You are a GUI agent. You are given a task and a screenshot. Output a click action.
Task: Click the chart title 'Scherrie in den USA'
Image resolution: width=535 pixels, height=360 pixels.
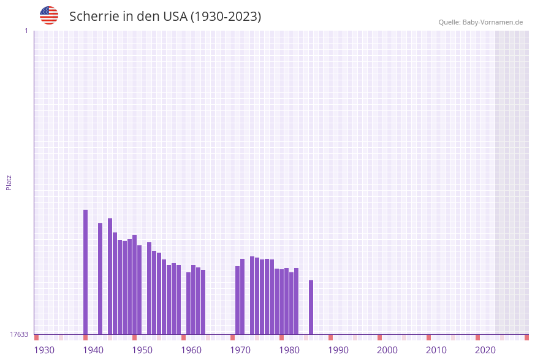pyautogui.click(x=165, y=17)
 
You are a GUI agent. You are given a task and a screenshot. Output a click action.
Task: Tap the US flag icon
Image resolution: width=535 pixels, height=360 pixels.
pyautogui.click(x=49, y=15)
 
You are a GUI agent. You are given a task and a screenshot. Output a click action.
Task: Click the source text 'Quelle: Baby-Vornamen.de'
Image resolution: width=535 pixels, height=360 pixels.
pyautogui.click(x=480, y=22)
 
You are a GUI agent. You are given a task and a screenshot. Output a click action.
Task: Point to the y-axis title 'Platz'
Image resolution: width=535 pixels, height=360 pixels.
pyautogui.click(x=9, y=182)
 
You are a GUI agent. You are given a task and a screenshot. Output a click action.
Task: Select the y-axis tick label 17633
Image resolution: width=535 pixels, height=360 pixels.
pyautogui.click(x=19, y=334)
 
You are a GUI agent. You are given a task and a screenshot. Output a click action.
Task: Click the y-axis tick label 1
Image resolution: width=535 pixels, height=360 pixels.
pyautogui.click(x=26, y=31)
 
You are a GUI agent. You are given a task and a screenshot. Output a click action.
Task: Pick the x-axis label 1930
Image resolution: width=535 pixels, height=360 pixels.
pyautogui.click(x=44, y=350)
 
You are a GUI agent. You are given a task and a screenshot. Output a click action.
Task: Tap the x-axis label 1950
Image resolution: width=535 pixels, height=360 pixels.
pyautogui.click(x=142, y=350)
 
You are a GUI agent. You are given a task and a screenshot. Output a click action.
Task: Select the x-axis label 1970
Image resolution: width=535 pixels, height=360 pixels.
pyautogui.click(x=240, y=350)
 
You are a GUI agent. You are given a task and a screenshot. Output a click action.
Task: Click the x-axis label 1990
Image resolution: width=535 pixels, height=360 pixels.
pyautogui.click(x=338, y=350)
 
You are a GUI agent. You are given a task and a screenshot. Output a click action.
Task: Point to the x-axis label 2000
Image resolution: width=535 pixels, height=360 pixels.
pyautogui.click(x=387, y=350)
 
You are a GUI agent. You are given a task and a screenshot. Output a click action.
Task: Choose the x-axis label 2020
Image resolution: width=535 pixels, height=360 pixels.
pyautogui.click(x=485, y=350)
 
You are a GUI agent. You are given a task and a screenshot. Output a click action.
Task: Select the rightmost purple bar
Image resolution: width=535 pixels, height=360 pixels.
pyautogui.click(x=311, y=307)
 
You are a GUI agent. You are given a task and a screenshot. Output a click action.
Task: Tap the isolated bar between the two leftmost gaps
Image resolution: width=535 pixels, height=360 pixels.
pyautogui.click(x=100, y=278)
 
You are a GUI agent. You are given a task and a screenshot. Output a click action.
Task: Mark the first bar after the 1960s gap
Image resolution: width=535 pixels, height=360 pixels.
pyautogui.click(x=237, y=300)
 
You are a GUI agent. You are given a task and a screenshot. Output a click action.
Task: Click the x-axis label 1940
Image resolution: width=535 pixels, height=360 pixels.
pyautogui.click(x=93, y=350)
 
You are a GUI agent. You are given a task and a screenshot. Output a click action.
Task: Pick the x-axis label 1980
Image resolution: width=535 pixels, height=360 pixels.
pyautogui.click(x=289, y=350)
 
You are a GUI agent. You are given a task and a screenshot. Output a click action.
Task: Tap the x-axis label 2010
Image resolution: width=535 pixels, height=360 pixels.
pyautogui.click(x=436, y=350)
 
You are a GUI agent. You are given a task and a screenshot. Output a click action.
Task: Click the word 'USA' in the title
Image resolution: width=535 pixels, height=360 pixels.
pyautogui.click(x=175, y=17)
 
